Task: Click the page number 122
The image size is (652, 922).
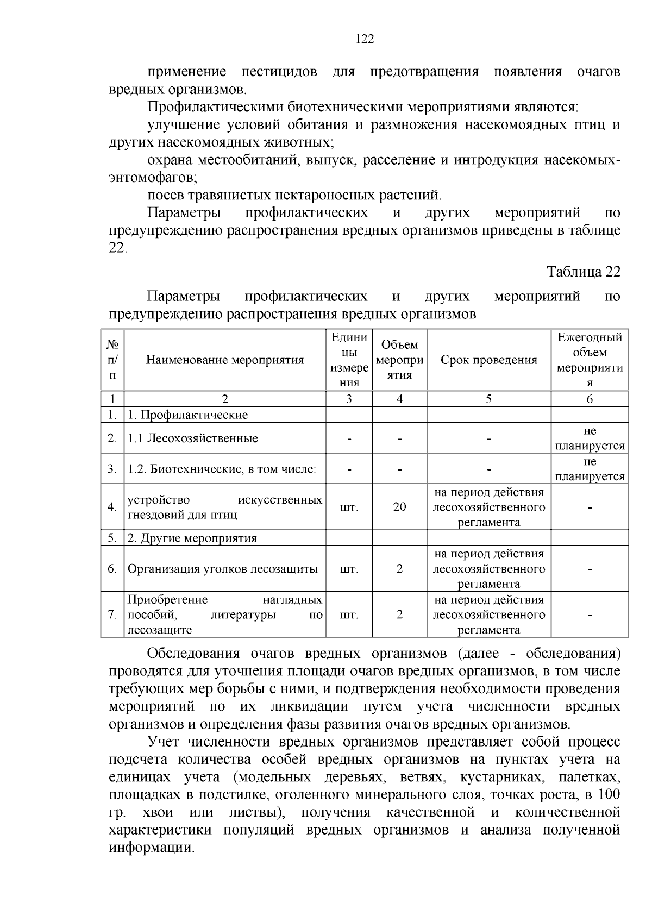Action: tap(365, 39)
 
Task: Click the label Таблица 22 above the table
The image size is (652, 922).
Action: tap(584, 272)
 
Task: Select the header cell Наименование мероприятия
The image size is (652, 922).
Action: tap(224, 360)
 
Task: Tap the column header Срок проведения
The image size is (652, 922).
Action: tap(488, 360)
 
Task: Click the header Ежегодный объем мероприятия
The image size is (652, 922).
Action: tap(590, 360)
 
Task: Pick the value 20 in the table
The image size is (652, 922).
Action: tap(399, 507)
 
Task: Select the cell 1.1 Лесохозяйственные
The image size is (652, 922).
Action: tap(193, 438)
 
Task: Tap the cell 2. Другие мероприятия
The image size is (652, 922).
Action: tap(192, 538)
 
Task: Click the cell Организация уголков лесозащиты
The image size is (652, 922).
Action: tap(222, 569)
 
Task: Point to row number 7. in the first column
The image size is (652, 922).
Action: tap(112, 615)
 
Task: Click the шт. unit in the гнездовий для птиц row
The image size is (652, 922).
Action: tap(349, 507)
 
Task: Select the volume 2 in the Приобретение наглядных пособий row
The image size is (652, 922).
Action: tap(400, 615)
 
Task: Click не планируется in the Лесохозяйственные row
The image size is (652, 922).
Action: tap(590, 438)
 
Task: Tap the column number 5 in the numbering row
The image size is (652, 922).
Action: tap(488, 399)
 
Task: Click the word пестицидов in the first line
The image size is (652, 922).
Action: tap(280, 72)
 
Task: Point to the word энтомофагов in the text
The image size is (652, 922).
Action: tap(152, 178)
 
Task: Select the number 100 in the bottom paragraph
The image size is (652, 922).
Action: tap(608, 795)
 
